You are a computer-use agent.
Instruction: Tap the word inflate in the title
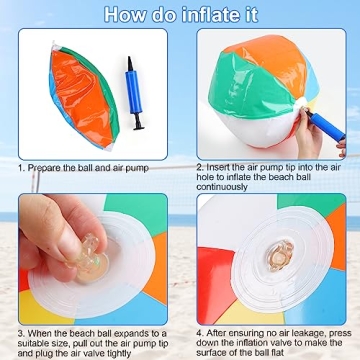tap(215, 14)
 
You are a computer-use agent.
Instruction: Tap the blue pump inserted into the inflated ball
tap(322, 121)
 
